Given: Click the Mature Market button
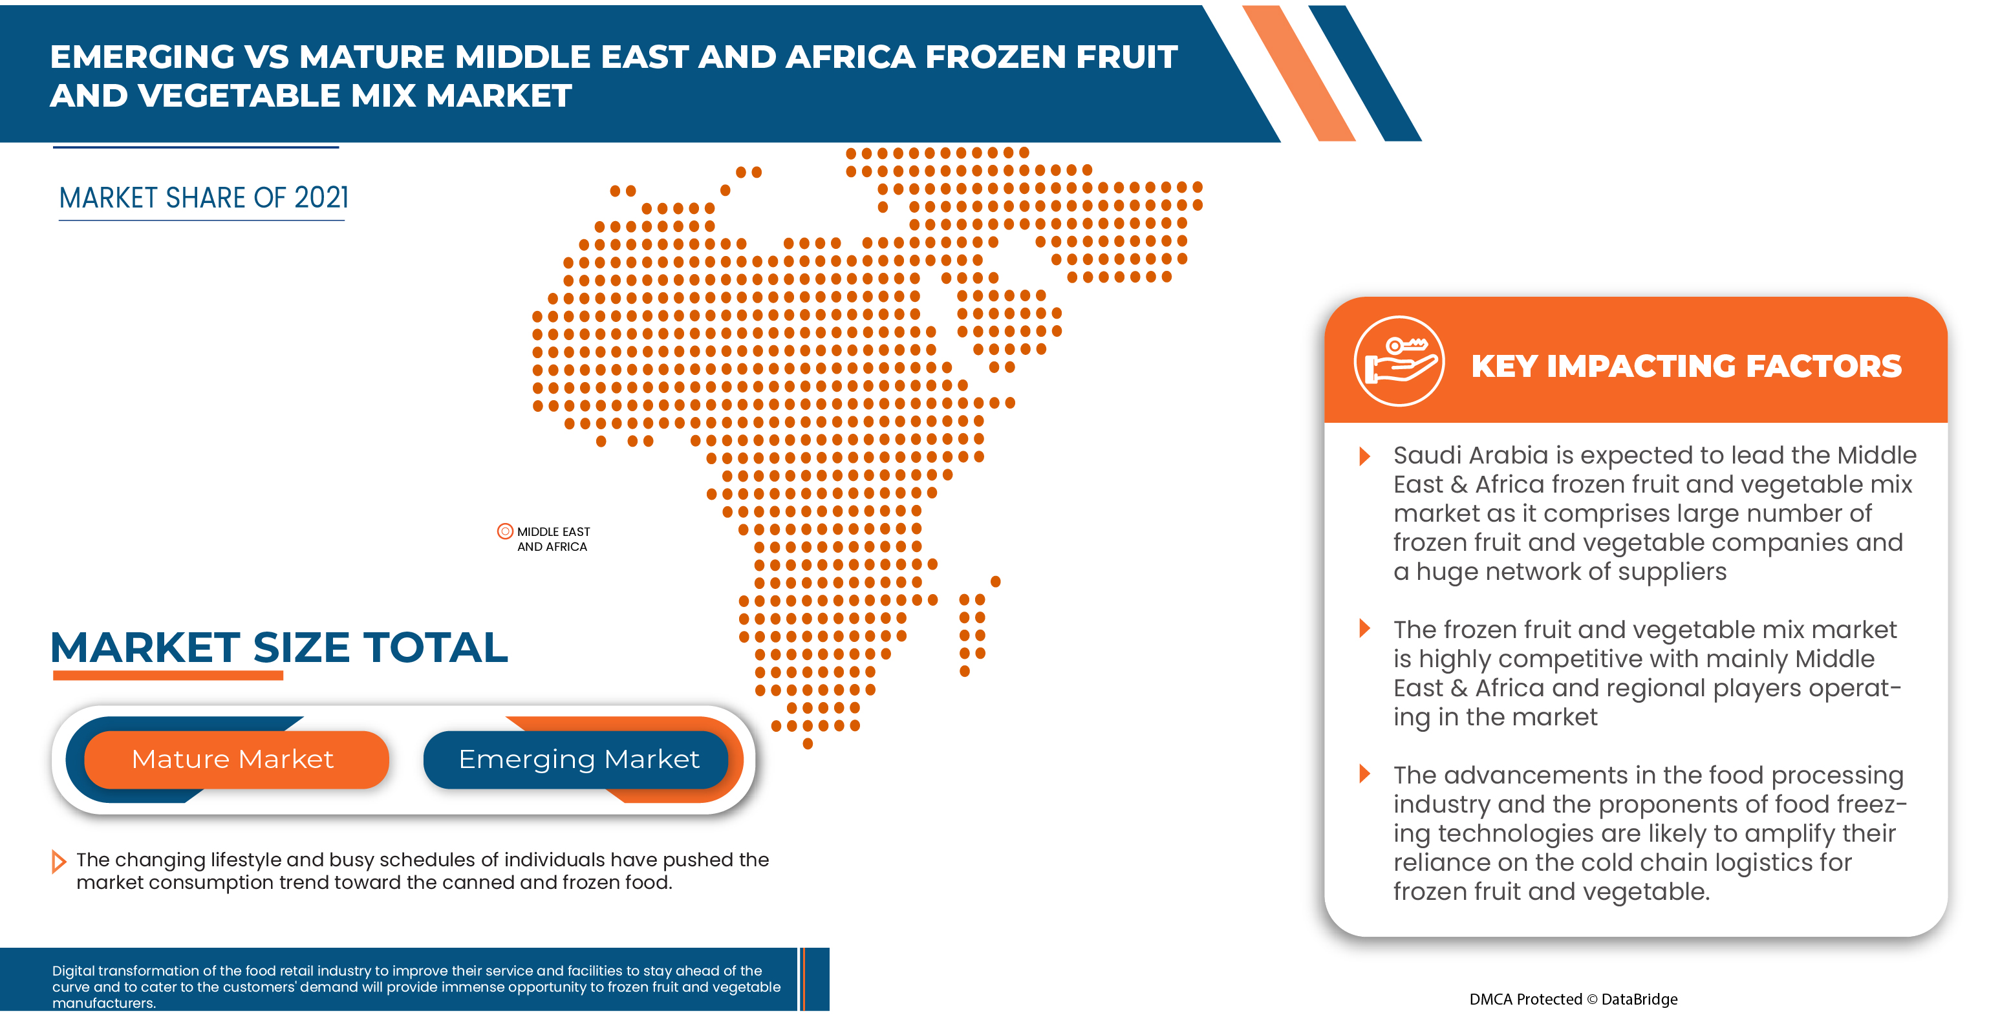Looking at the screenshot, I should click(x=233, y=759).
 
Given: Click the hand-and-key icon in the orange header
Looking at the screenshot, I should click(x=1398, y=361).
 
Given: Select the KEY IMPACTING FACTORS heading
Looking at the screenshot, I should click(x=1686, y=366).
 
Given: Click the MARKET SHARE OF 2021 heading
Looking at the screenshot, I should click(x=203, y=198).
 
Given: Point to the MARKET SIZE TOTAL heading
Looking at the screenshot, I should click(x=279, y=647).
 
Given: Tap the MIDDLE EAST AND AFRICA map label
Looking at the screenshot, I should click(x=553, y=539).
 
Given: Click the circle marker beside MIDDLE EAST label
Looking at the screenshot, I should click(x=505, y=531).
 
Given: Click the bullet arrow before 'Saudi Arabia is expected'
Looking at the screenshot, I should click(x=1364, y=456).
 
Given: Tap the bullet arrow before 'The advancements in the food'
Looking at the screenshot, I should click(x=1364, y=774).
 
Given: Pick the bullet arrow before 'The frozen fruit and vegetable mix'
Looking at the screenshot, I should click(x=1364, y=628).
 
